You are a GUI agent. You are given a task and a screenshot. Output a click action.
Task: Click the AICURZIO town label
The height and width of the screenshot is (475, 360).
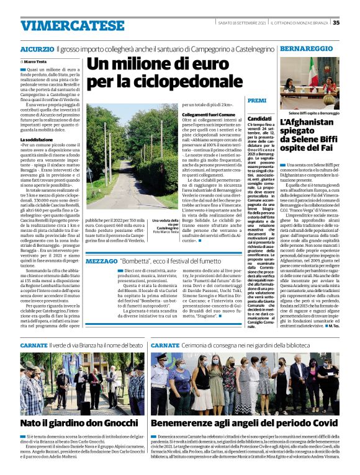point(37,48)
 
